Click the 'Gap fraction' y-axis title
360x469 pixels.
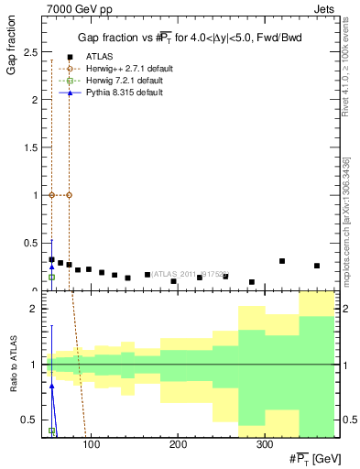coord(12,56)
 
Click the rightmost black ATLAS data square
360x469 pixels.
coord(317,266)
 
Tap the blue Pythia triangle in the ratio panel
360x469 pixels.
coord(52,387)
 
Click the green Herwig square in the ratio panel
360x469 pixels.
coord(52,431)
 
